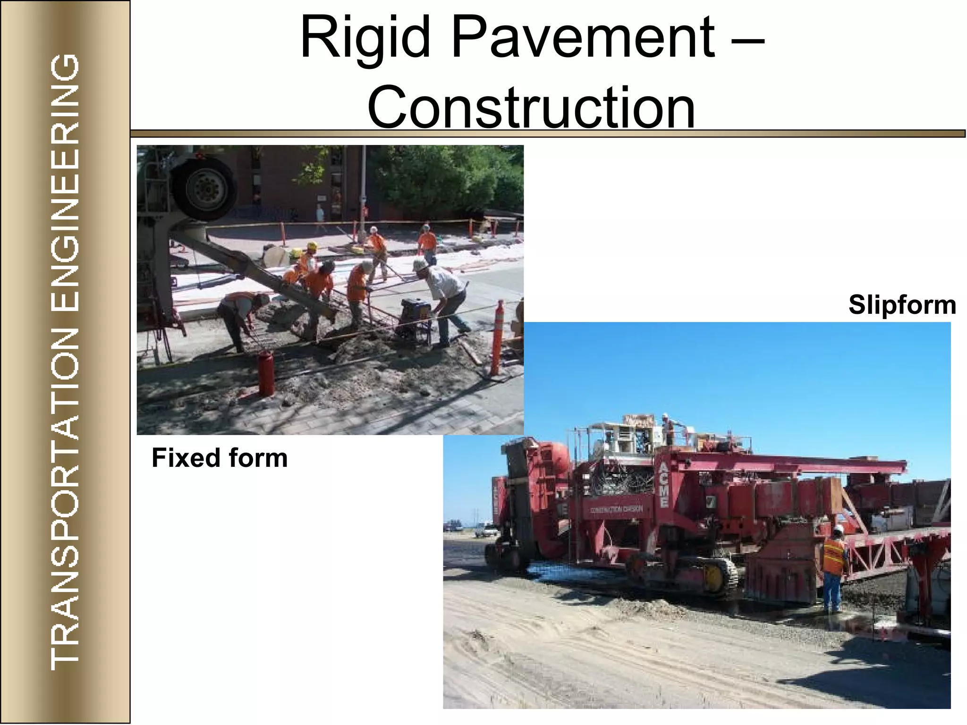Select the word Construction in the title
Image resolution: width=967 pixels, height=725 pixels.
531,107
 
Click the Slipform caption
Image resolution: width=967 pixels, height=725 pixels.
902,305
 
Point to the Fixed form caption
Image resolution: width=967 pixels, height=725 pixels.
220,458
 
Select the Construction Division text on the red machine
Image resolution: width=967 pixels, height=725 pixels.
616,509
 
